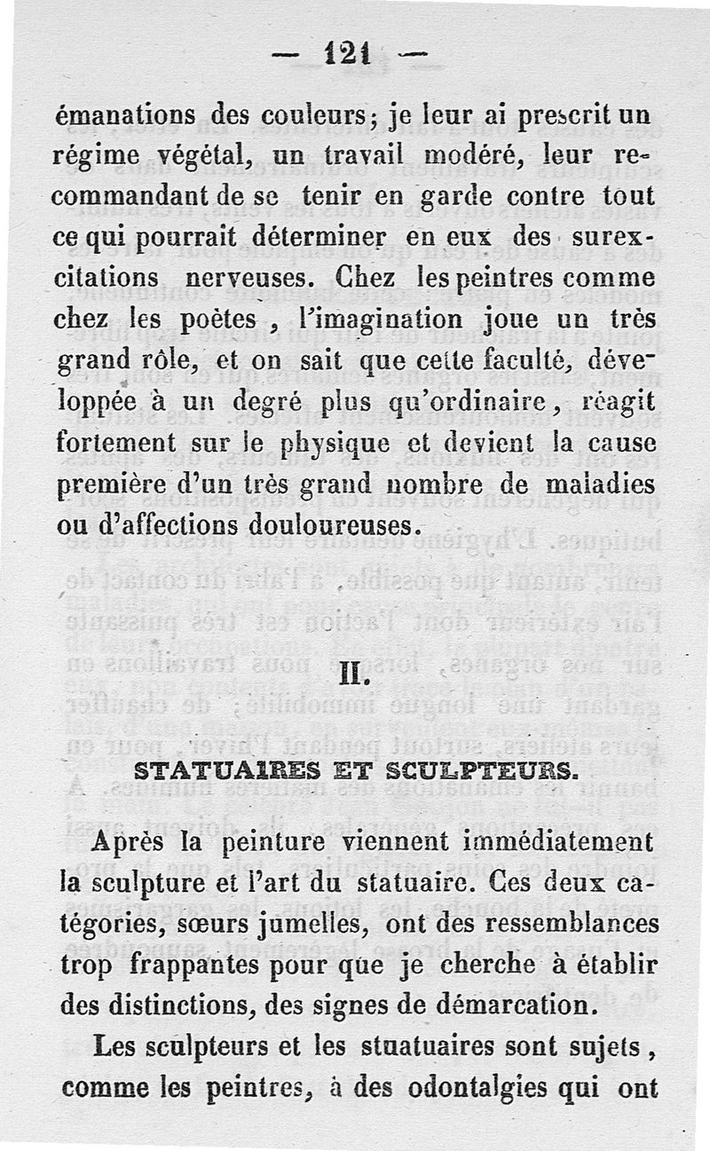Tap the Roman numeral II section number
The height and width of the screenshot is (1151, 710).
(354, 689)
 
